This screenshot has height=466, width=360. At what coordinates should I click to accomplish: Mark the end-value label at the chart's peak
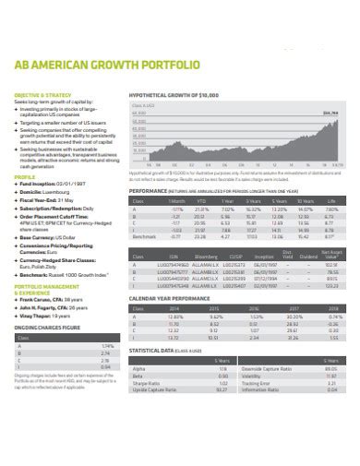[x=329, y=113]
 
